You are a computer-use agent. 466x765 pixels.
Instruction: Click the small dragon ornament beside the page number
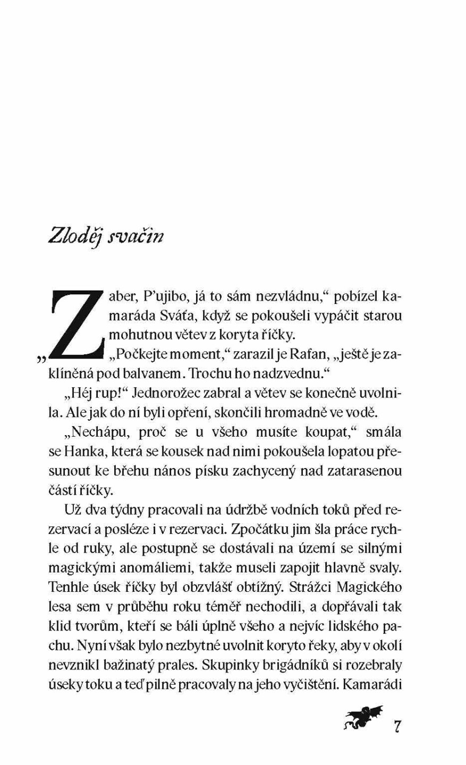coord(362,719)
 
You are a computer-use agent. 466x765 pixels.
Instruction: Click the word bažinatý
coord(146,666)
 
